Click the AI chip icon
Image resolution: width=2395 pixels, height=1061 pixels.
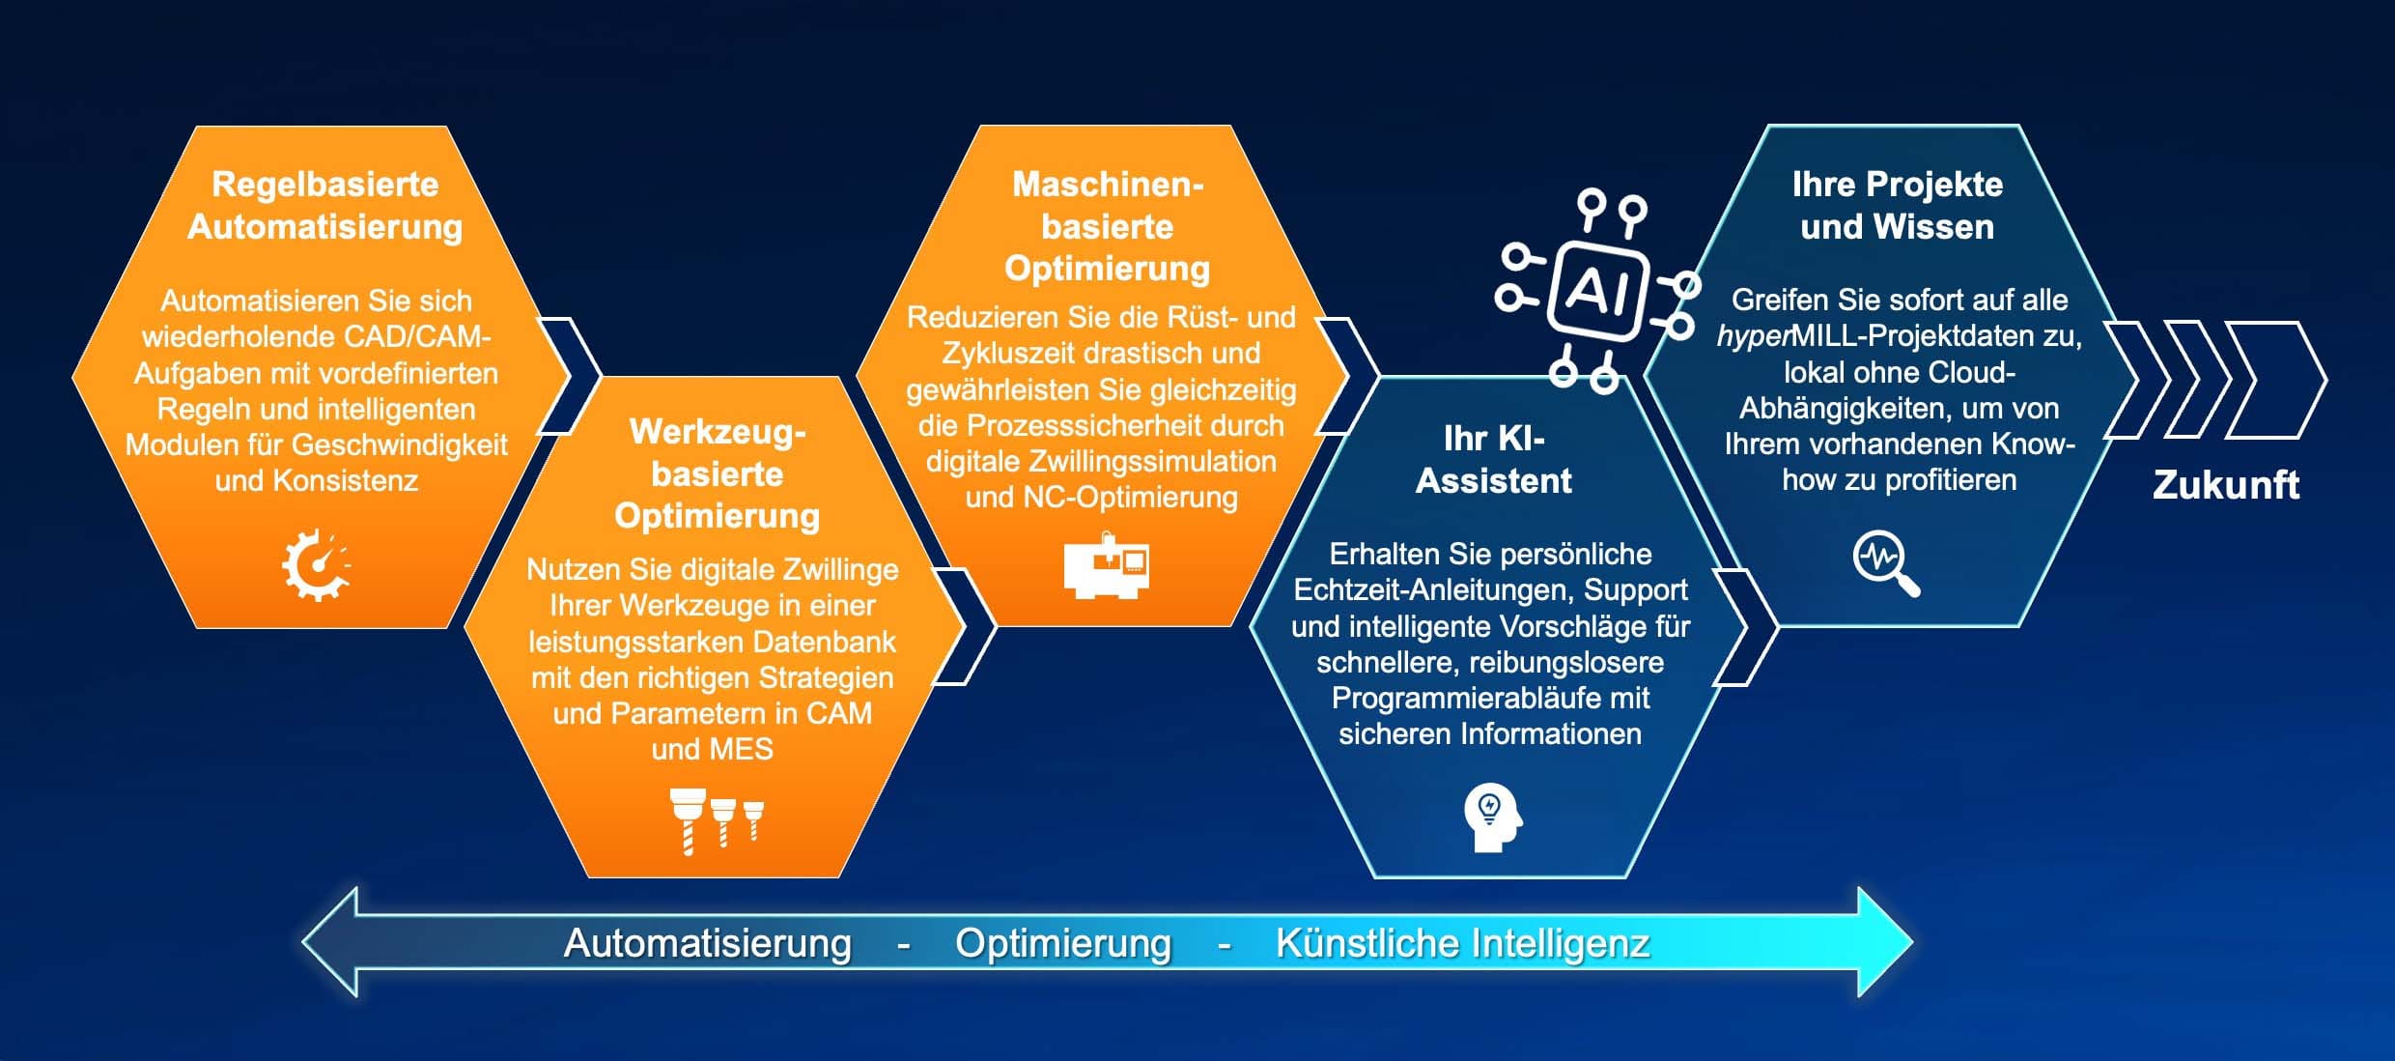pyautogui.click(x=1595, y=290)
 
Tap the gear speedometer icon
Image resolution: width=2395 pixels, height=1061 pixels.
pyautogui.click(x=316, y=565)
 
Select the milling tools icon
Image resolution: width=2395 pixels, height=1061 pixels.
pyautogui.click(x=717, y=820)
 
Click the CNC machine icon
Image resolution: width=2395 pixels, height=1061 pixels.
pyautogui.click(x=1107, y=565)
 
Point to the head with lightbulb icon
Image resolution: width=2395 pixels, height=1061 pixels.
pyautogui.click(x=1492, y=817)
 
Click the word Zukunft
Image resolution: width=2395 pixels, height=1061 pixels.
pyautogui.click(x=2226, y=484)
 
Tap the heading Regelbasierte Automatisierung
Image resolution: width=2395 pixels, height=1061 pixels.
pyautogui.click(x=325, y=205)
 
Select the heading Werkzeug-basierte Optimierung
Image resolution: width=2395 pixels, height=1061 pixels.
pyautogui.click(x=718, y=473)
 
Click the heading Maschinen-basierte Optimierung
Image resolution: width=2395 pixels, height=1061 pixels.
pyautogui.click(x=1108, y=226)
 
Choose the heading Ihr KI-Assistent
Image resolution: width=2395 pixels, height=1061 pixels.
pyautogui.click(x=1494, y=459)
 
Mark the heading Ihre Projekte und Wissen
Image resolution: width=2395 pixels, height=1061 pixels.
pyautogui.click(x=1898, y=205)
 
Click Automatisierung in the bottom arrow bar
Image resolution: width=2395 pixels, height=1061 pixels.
pyautogui.click(x=708, y=943)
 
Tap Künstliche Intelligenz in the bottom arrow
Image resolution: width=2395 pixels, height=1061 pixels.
pyautogui.click(x=1463, y=943)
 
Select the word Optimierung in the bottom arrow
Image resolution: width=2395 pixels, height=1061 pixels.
pyautogui.click(x=1063, y=943)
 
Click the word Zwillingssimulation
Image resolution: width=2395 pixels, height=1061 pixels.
pyautogui.click(x=1148, y=462)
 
